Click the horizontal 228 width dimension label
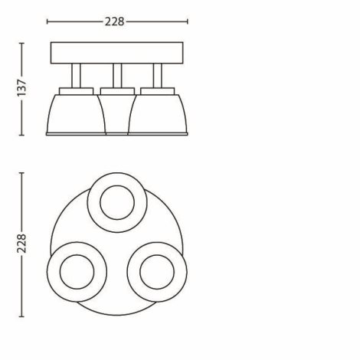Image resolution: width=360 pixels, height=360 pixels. (x=115, y=21)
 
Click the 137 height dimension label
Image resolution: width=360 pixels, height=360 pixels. (x=21, y=88)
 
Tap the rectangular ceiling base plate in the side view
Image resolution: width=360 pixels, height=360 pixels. (x=116, y=53)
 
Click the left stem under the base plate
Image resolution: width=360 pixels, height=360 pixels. (x=76, y=76)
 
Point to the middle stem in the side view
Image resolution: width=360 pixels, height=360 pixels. (x=117, y=76)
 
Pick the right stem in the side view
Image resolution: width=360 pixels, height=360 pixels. (x=158, y=76)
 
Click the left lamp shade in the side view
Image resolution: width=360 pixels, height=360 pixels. (x=76, y=114)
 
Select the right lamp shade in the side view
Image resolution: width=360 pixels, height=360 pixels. (x=158, y=114)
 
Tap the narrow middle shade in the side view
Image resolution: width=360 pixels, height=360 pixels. (x=117, y=114)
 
